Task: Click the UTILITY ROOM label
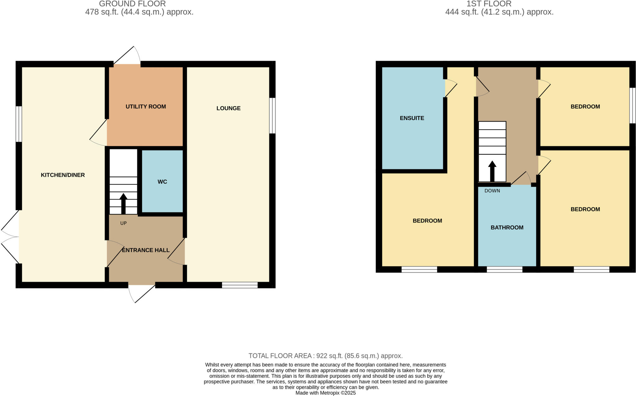click(146, 107)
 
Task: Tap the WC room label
click(162, 182)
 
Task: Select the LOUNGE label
click(228, 108)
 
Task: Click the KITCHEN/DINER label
click(63, 175)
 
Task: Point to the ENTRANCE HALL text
click(146, 250)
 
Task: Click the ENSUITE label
click(412, 118)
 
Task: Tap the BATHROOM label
click(507, 227)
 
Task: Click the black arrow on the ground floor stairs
click(123, 203)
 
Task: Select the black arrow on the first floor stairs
click(492, 171)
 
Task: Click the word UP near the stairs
click(123, 223)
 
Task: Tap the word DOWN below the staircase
click(492, 191)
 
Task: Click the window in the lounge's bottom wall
click(240, 285)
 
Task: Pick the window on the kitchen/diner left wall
click(19, 124)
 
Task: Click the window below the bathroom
click(504, 269)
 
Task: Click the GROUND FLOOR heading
click(132, 4)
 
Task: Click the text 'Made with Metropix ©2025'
click(325, 393)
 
